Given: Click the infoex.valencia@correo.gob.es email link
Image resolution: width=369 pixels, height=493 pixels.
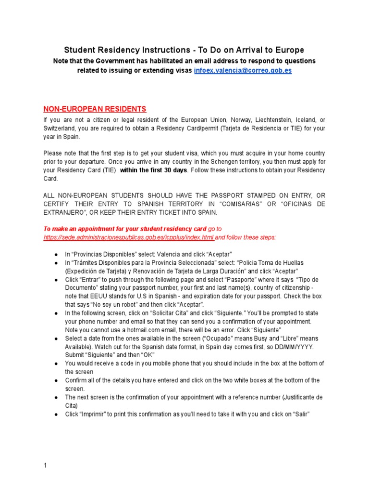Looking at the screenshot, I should click(243, 70).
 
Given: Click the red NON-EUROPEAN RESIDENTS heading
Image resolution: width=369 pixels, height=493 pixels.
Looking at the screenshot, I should click(95, 109).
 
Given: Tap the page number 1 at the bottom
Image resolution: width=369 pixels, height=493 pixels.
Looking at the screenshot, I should click(45, 466).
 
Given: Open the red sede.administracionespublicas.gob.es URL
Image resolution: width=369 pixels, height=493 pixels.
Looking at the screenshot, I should click(128, 237).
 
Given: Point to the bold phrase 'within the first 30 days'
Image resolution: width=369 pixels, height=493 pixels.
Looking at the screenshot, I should click(153, 170).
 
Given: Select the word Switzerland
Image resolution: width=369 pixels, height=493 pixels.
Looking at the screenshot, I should click(61, 129).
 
